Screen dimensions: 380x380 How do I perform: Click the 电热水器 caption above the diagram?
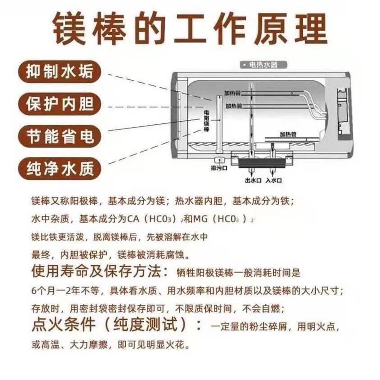(x=260, y=66)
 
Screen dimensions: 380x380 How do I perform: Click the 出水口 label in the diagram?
(x=253, y=180)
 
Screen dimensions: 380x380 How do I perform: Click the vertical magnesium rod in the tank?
(x=216, y=124)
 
